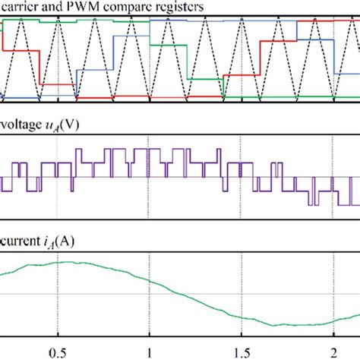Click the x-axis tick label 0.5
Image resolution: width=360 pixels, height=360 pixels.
coord(58,352)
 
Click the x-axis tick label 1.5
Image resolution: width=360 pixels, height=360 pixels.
coord(241,352)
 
